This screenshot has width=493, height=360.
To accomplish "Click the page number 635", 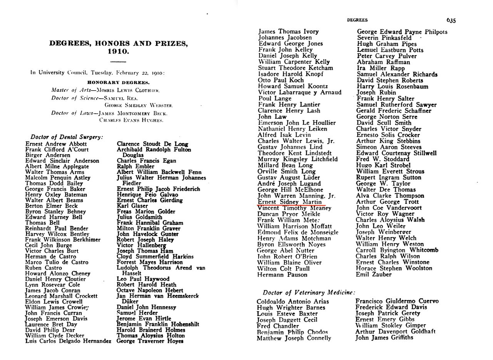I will point(451,20).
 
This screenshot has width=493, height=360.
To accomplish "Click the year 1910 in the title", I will point(118,51).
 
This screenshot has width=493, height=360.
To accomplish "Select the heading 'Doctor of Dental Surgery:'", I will point(67,137).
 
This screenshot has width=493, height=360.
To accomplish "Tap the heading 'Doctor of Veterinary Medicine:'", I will point(309,293).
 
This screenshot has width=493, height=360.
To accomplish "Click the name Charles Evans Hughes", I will point(131,120).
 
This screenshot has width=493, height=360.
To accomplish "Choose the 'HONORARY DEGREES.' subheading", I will point(118,82).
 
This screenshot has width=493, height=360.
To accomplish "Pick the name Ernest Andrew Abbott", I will point(50,144).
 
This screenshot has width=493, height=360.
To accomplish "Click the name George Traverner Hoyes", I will point(150,341).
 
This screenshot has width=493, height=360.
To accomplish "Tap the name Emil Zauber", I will point(374,274).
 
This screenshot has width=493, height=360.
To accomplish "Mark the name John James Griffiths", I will point(384,338).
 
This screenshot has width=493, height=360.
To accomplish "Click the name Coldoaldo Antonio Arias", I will point(293,301).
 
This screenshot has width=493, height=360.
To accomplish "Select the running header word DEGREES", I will point(357,20).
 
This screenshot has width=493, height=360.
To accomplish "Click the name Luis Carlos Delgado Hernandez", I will point(68,341).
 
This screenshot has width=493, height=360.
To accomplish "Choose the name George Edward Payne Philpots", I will point(402,32).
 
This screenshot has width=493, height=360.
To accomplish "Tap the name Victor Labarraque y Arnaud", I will point(299,93).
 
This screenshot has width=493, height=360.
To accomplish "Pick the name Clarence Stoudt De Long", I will point(152,144).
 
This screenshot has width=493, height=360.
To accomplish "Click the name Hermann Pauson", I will point(282,275).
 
